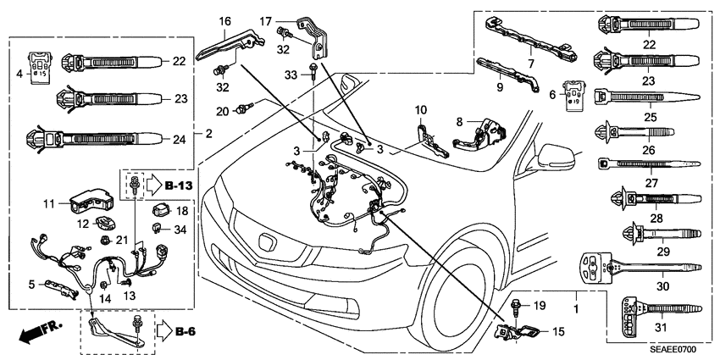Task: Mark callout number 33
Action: [291, 76]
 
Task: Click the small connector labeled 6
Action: [574, 95]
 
